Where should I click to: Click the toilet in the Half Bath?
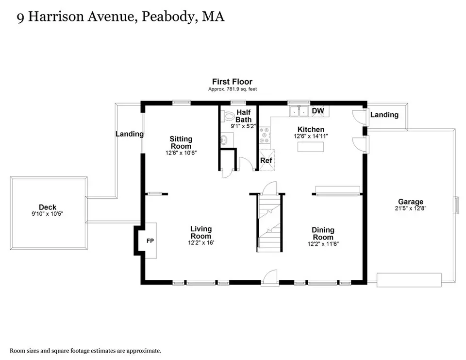click(228, 116)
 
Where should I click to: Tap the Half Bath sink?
click(224, 139)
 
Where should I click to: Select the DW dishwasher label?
click(317, 111)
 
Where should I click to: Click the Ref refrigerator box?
click(266, 160)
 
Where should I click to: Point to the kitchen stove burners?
click(264, 135)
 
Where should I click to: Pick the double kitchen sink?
click(299, 111)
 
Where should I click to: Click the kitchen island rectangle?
click(311, 147)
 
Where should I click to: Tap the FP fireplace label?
click(150, 241)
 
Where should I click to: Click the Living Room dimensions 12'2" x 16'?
click(201, 243)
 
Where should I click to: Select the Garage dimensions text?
click(411, 208)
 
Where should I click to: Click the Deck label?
click(48, 207)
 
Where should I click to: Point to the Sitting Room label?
click(181, 142)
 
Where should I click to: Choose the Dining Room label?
click(323, 234)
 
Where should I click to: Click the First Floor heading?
click(232, 82)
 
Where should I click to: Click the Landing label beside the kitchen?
click(384, 115)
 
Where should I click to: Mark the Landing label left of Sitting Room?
click(130, 134)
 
